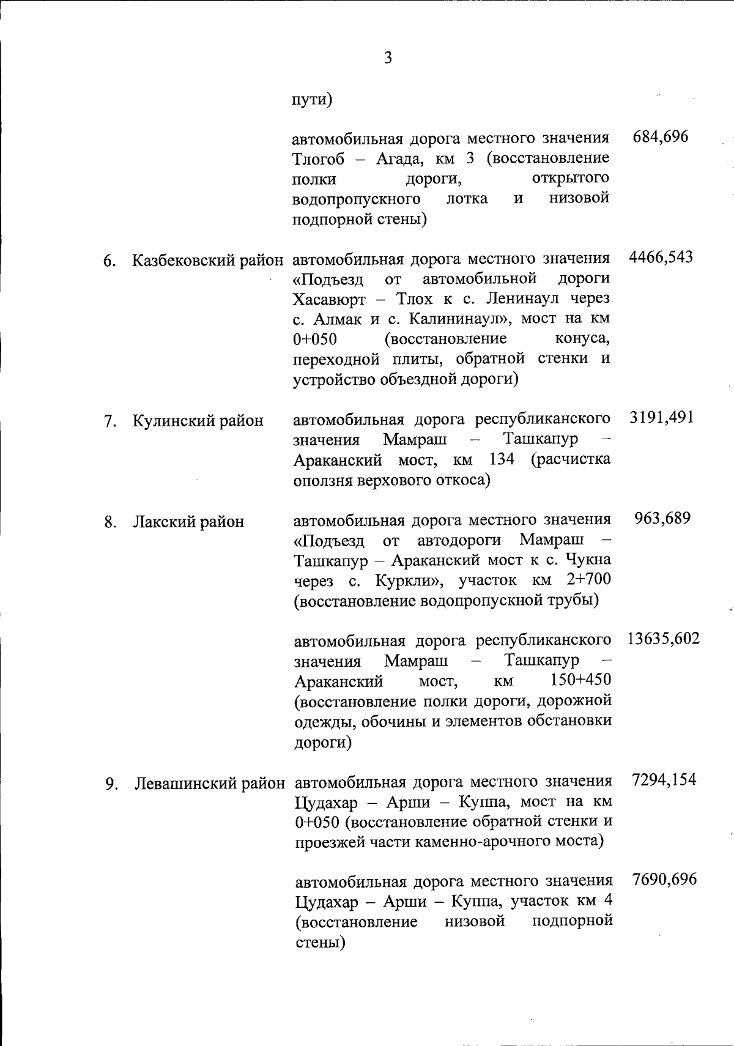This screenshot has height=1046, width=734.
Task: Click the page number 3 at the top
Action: [387, 58]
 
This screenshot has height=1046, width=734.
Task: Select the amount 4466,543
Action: [661, 257]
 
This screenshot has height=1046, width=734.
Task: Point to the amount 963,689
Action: [663, 518]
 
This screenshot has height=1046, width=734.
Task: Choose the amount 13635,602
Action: [664, 639]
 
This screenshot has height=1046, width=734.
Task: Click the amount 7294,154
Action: [664, 780]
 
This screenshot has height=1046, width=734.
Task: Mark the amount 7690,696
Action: [664, 880]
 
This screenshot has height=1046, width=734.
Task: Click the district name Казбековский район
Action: [208, 260]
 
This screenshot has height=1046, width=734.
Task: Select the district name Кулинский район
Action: [198, 421]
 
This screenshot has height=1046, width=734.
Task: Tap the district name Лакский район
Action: [188, 522]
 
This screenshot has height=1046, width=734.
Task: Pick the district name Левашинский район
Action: [209, 784]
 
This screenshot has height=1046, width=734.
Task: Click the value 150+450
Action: [580, 680]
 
